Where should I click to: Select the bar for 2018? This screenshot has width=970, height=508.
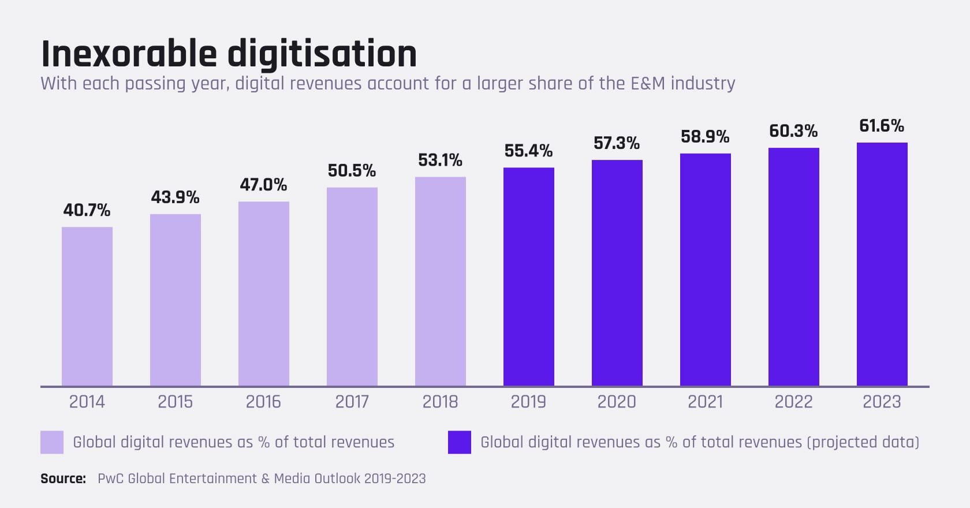440,281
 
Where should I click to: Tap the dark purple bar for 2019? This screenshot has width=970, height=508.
528,277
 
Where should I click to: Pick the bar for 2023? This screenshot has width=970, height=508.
882,264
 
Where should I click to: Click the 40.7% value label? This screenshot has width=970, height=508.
87,210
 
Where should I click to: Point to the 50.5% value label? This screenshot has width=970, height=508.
352,170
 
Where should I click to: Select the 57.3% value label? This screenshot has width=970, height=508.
617,143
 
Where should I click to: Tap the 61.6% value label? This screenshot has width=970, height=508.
882,125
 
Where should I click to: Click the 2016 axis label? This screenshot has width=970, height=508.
263,402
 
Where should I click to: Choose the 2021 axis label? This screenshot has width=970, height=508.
705,402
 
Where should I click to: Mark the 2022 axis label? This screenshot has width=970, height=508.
793,402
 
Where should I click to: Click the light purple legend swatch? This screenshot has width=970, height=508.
52,442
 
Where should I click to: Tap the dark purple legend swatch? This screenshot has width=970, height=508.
460,442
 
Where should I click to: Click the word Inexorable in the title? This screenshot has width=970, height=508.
129,54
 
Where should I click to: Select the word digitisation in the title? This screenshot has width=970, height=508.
322,54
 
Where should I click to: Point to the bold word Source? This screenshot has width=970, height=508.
63,479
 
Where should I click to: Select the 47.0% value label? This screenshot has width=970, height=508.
263,185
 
